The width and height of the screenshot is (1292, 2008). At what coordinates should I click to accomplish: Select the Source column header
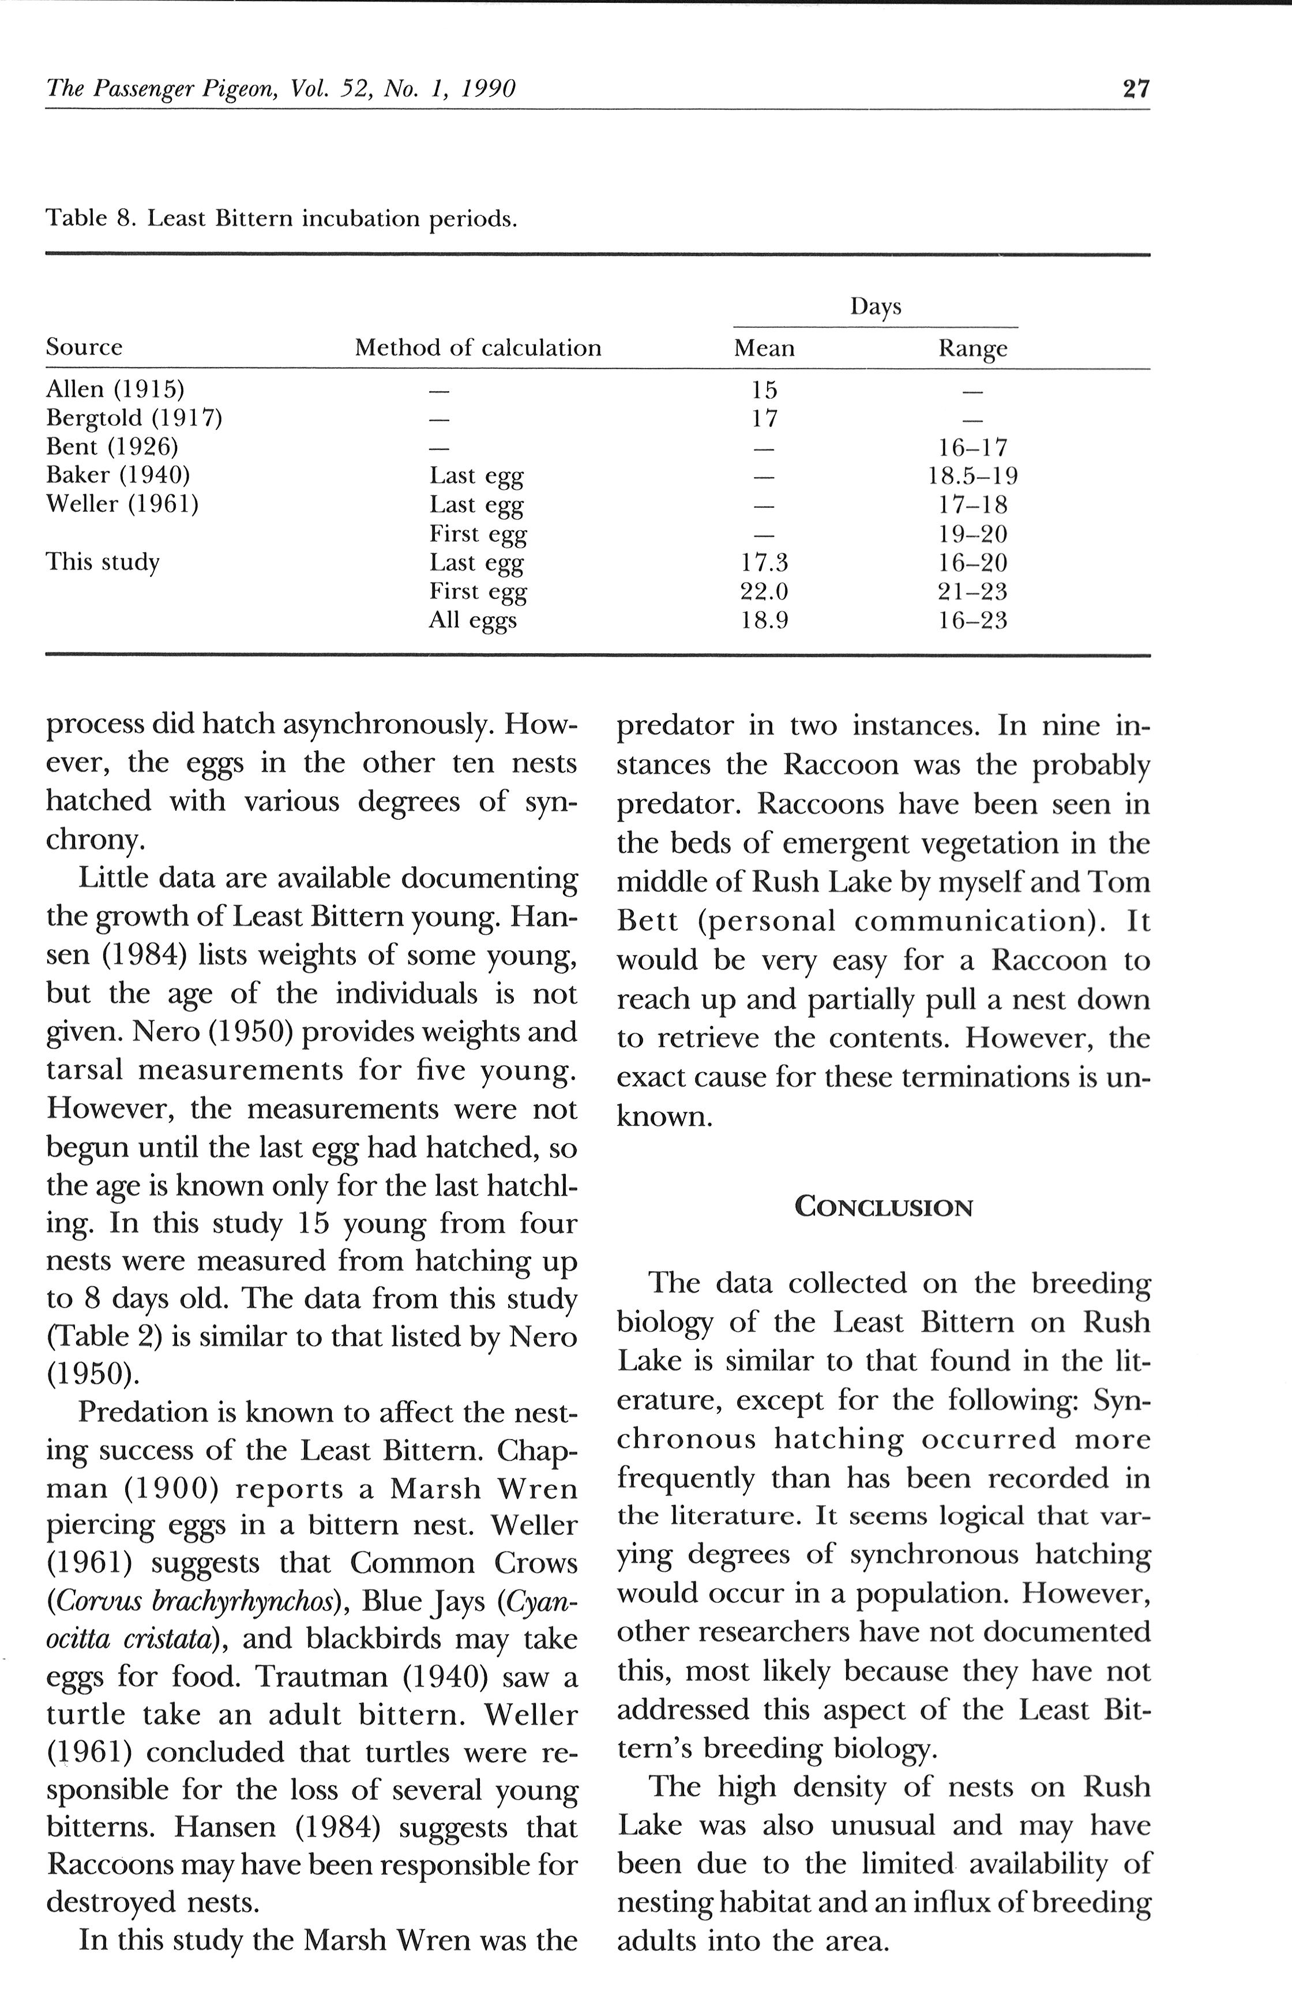[x=84, y=347]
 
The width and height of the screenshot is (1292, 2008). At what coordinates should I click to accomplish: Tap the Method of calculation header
[x=478, y=347]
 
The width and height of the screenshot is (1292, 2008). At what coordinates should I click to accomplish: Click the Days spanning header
[x=875, y=306]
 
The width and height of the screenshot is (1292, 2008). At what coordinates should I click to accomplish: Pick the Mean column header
[x=764, y=347]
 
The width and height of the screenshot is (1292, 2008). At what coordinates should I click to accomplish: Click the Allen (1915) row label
[x=115, y=389]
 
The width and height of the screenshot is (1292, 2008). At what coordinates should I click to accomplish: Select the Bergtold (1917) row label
[x=133, y=418]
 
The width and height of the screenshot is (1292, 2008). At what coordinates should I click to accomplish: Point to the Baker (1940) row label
[x=118, y=475]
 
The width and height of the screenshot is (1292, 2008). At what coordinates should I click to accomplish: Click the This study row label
[x=102, y=561]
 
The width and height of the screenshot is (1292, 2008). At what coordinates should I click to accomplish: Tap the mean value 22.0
[x=764, y=591]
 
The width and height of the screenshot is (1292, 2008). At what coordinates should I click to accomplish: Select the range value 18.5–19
[x=972, y=476]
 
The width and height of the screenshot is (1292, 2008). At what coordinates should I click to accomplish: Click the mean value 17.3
[x=764, y=562]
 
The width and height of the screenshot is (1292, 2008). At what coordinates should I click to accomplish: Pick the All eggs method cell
[x=472, y=620]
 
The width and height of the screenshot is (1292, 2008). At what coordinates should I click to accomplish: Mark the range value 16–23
[x=972, y=621]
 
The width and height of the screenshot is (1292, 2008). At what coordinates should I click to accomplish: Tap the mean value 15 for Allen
[x=764, y=390]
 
